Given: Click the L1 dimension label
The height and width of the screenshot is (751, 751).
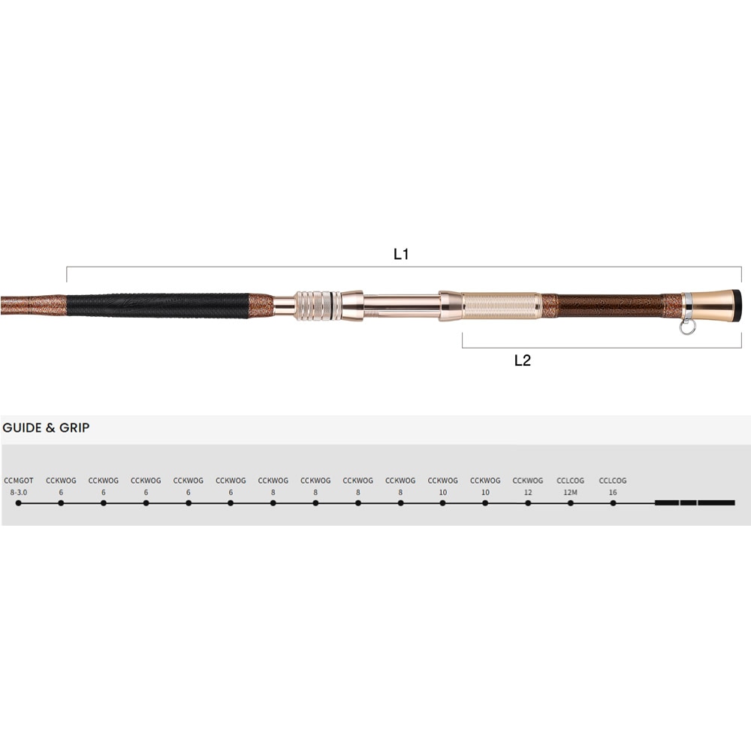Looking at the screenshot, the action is click(401, 254).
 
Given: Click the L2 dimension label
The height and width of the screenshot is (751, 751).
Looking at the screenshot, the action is click(523, 360).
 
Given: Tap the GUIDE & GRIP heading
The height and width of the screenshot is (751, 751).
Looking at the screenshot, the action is click(46, 428).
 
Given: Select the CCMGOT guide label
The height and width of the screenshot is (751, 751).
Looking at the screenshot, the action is click(19, 481).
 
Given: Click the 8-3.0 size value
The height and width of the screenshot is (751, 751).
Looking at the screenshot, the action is click(19, 493).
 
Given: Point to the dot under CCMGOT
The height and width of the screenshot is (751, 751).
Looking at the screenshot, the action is click(19, 503).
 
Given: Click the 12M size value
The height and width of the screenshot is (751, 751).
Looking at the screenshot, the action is click(570, 493).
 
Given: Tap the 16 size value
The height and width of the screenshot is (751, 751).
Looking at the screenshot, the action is click(613, 493).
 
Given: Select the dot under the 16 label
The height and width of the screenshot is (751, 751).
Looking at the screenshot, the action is click(613, 503).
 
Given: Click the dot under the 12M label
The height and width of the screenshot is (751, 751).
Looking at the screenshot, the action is click(571, 503).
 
